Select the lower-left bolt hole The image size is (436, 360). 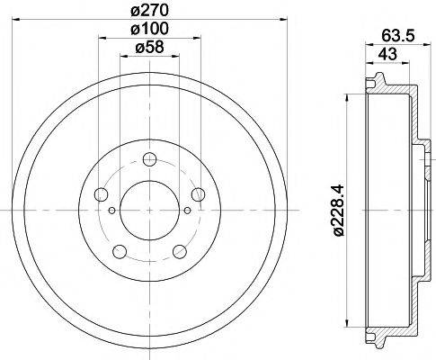pos(119,249)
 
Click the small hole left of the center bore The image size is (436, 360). pos(111,211)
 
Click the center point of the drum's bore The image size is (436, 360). pos(148,210)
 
